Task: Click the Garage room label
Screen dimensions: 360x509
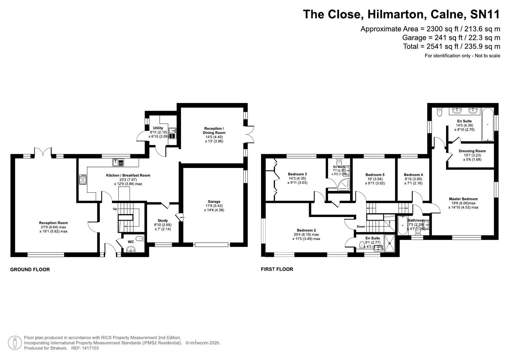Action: click(x=214, y=202)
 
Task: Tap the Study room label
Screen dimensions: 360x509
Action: click(x=163, y=220)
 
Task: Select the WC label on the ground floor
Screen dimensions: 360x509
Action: click(x=131, y=242)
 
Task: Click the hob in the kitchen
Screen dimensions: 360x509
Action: click(x=83, y=180)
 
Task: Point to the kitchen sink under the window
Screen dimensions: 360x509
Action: click(x=118, y=163)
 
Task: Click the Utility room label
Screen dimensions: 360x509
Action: click(x=158, y=128)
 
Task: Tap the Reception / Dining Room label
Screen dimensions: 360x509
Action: click(x=214, y=130)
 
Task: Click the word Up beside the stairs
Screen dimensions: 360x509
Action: click(x=115, y=209)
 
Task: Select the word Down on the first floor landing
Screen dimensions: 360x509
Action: click(x=361, y=227)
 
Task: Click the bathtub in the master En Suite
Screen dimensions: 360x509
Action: click(x=488, y=124)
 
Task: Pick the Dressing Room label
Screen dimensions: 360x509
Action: click(x=472, y=151)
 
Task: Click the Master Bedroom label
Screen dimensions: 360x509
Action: click(x=463, y=199)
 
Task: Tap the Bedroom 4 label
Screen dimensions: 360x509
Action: click(x=413, y=175)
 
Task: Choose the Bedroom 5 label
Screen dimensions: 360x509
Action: click(x=375, y=175)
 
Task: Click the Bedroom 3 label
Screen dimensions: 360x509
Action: click(x=297, y=174)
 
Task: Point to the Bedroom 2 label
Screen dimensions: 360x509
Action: click(x=306, y=230)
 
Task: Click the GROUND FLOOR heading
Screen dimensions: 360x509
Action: click(x=30, y=270)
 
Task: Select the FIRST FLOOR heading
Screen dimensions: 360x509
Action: click(x=277, y=269)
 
